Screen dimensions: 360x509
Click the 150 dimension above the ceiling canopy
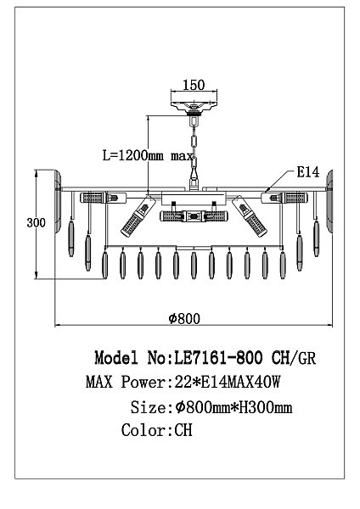[x=194, y=85]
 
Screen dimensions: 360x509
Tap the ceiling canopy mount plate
[x=194, y=107]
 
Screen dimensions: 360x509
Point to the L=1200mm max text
[x=148, y=156]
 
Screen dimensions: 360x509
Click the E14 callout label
[x=307, y=172]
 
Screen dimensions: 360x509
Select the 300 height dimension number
[x=36, y=223]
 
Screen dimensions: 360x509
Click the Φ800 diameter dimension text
[x=184, y=318]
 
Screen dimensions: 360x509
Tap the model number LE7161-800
[x=219, y=358]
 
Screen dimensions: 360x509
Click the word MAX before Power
[x=99, y=382]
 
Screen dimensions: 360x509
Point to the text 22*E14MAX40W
[x=227, y=382]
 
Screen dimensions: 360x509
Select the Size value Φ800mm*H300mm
[x=233, y=407]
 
